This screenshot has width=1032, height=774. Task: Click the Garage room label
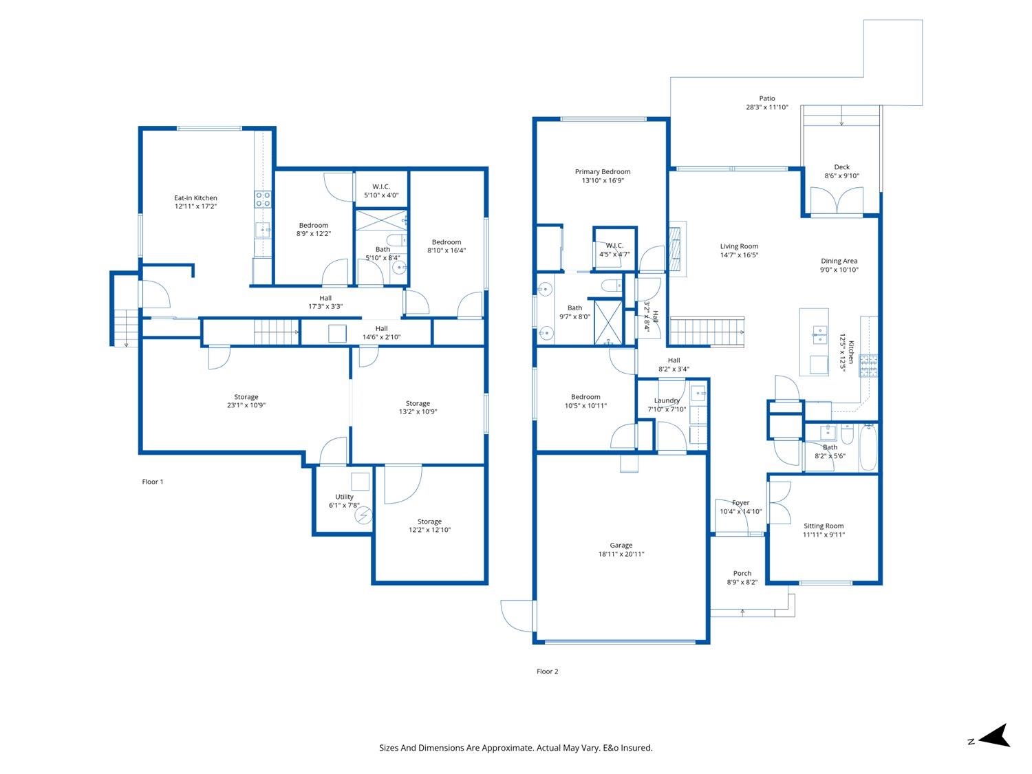(621, 545)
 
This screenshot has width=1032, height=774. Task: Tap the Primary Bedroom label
(602, 171)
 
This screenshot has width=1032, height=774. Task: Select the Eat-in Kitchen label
(195, 198)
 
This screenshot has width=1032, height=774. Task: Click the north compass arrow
(994, 735)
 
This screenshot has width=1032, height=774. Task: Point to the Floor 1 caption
(152, 482)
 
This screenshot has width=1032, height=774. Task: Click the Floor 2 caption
(547, 671)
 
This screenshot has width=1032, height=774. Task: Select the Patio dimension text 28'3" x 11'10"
(767, 107)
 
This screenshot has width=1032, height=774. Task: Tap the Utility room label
(344, 497)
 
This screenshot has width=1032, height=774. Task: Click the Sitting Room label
(824, 526)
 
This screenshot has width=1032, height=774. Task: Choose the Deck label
(841, 166)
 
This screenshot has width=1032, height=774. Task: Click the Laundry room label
(667, 400)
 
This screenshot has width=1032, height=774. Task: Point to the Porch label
(742, 573)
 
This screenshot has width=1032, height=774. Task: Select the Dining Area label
(839, 261)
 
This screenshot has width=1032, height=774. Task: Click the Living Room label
(739, 246)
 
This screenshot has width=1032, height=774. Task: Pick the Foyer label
(740, 503)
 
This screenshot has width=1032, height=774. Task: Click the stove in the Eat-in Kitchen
(263, 199)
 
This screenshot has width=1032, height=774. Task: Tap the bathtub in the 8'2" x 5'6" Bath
(868, 447)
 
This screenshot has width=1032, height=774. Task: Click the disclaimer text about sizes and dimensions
(516, 748)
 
